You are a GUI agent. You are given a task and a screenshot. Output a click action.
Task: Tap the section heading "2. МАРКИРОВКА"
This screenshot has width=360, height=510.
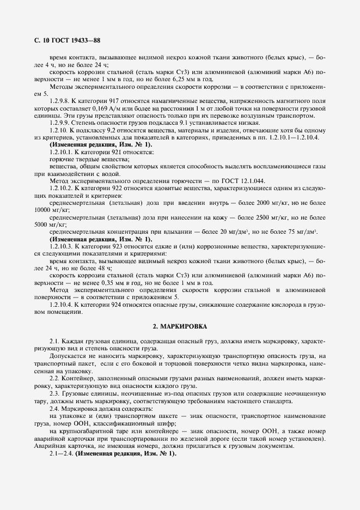(180, 325)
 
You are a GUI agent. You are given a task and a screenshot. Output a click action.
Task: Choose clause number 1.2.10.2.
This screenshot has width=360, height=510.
(60, 188)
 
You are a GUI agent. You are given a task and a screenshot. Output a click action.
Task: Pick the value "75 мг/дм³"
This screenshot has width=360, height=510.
(303, 231)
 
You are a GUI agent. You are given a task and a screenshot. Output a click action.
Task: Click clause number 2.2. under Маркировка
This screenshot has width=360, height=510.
(54, 378)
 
